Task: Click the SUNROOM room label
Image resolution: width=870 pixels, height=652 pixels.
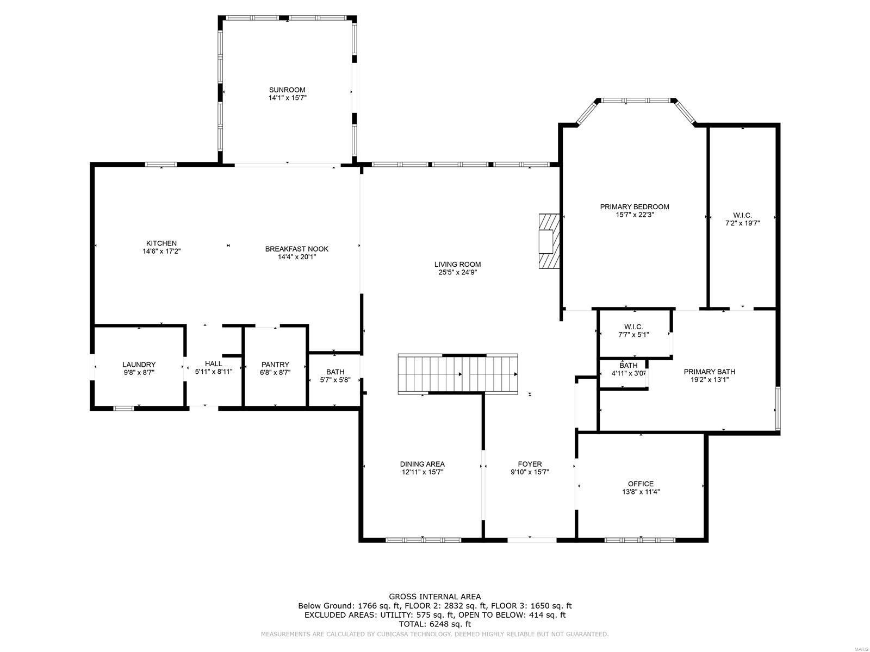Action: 287,90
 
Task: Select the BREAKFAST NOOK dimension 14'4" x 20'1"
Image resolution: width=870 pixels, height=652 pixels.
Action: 297,257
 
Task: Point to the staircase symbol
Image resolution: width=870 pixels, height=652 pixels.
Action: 458,374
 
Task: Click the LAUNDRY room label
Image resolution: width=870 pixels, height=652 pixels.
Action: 139,365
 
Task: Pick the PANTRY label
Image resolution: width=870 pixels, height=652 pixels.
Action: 275,365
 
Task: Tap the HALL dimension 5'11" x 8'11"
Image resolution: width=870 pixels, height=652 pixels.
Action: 214,372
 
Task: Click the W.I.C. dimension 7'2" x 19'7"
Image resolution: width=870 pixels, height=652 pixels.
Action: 742,223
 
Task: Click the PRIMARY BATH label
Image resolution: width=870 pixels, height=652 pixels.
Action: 709,372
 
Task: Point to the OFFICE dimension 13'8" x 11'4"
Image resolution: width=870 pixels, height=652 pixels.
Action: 641,492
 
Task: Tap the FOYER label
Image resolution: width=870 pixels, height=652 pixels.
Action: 530,464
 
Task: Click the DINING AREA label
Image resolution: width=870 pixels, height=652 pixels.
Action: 422,464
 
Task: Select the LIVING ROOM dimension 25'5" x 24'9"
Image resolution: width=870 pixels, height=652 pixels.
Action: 457,273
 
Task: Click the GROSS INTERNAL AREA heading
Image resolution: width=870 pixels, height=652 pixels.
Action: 434,597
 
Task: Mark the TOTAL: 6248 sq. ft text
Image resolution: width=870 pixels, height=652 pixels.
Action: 434,624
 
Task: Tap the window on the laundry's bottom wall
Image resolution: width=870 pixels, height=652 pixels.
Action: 123,408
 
